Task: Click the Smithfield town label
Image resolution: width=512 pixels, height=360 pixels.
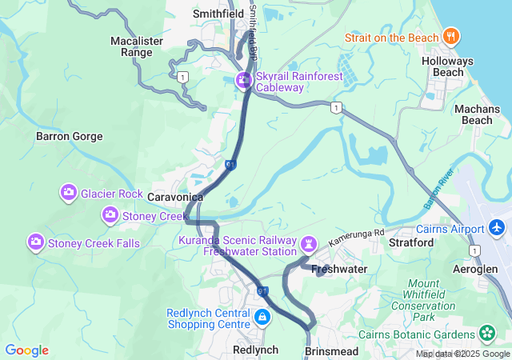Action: [x=218, y=14]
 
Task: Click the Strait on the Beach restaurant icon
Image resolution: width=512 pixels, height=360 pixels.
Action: [x=452, y=37]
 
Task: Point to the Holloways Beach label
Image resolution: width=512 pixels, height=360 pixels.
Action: [x=448, y=66]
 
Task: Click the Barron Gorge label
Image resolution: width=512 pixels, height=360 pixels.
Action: [x=70, y=137]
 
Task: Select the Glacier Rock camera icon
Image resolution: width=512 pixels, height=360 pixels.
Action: [x=69, y=193]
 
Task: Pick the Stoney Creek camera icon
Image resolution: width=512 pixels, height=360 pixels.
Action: [x=110, y=215]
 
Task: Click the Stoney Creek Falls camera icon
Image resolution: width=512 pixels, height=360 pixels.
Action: [x=36, y=242]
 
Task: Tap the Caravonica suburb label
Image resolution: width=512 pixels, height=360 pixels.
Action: [x=175, y=197]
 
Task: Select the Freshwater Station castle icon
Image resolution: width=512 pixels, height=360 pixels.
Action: [x=310, y=243]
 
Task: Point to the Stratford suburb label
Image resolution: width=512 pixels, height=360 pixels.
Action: [x=410, y=242]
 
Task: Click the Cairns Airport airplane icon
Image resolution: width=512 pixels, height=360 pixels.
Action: [x=498, y=229]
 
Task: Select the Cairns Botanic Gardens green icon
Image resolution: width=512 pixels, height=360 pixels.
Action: [x=487, y=332]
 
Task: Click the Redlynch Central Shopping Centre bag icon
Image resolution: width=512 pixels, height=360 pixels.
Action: [x=261, y=318]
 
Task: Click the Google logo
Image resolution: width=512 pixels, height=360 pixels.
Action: [x=26, y=350]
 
